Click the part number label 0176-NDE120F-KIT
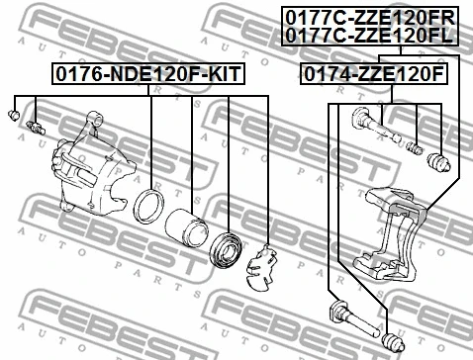coord(148,74)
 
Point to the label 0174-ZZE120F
coord(373,74)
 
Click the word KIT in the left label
coord(223,74)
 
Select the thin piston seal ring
coord(151,207)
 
